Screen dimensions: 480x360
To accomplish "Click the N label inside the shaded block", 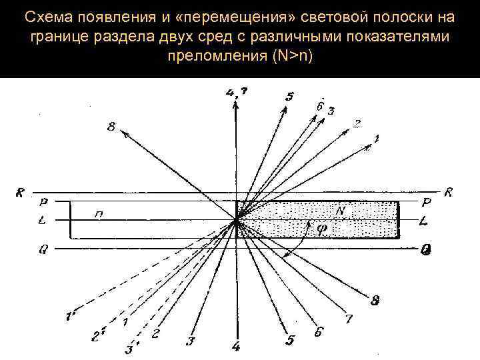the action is (340, 211).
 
